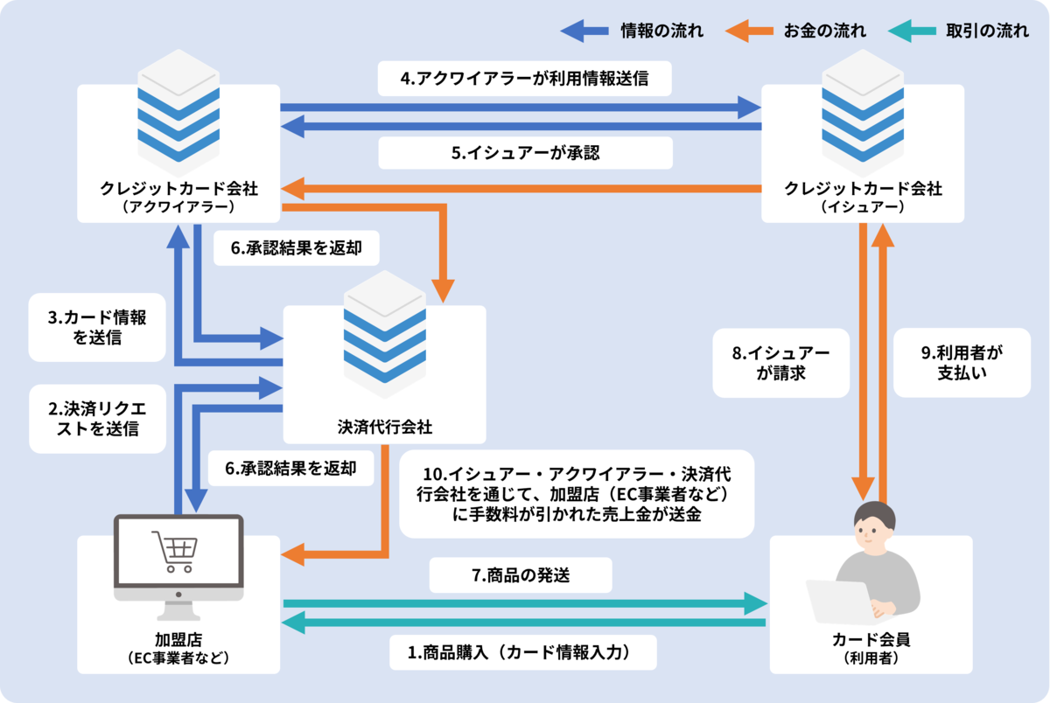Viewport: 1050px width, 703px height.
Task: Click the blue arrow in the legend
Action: [x=584, y=31]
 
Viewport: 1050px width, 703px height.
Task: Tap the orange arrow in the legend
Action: [x=748, y=31]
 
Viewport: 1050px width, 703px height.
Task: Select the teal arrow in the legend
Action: [x=911, y=31]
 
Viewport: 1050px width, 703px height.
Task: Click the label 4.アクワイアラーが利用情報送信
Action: [x=525, y=79]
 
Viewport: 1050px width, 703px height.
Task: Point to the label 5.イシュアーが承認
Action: [x=525, y=152]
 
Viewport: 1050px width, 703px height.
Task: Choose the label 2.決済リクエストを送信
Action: [x=97, y=418]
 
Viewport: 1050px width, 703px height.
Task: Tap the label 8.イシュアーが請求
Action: [x=780, y=363]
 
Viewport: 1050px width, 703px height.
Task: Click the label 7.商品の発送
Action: [x=521, y=576]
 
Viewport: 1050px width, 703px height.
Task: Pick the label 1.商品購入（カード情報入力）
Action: [x=521, y=651]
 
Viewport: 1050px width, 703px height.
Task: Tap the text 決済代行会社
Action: [x=385, y=428]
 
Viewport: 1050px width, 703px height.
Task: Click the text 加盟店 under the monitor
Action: [x=178, y=639]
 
